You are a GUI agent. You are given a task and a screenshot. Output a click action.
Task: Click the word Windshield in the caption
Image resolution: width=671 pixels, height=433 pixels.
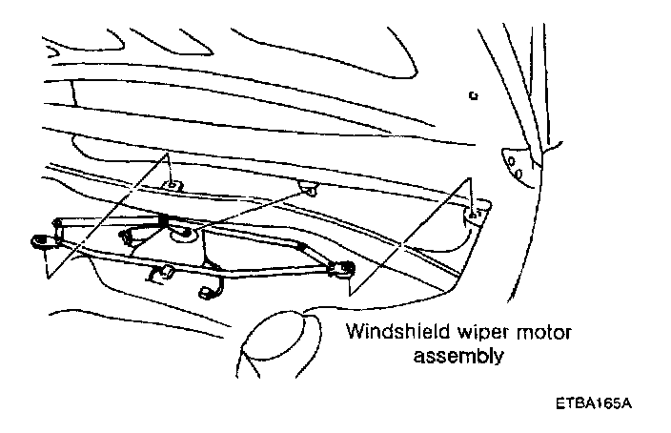coord(386,335)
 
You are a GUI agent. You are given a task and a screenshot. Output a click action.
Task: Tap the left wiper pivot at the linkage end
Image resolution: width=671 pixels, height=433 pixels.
coord(43,241)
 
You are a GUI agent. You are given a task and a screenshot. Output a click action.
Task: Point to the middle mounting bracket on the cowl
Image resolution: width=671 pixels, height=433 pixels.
coord(309,185)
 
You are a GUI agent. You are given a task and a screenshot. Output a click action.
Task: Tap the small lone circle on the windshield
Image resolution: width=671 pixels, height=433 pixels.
coord(473,96)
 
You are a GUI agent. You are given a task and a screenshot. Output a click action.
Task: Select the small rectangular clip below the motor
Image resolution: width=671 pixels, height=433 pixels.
coord(160,276)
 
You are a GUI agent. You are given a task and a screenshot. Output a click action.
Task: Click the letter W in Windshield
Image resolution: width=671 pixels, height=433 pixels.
coord(353,335)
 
